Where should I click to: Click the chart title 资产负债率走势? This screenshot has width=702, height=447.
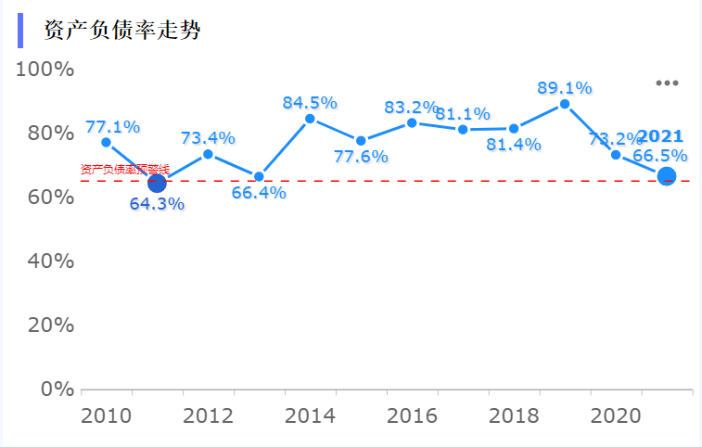[x=122, y=31]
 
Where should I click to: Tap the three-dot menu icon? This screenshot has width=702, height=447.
[x=667, y=83]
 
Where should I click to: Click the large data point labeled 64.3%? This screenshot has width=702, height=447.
[x=157, y=184]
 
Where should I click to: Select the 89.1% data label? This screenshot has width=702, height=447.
[x=564, y=88]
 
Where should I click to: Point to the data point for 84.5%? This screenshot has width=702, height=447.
[x=310, y=119]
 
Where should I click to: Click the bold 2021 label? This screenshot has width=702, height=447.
[x=659, y=136]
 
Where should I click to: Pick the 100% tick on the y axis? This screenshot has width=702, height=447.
[x=45, y=70]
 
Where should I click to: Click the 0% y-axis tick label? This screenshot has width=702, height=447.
[x=57, y=389]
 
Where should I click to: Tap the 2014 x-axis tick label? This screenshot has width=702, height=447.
[x=310, y=415]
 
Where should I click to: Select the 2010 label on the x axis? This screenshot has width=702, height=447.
[x=106, y=415]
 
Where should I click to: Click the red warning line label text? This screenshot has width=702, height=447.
[x=124, y=170]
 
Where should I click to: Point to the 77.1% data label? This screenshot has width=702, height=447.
[x=112, y=126]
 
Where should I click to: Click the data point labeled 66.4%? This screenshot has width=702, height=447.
[x=259, y=176]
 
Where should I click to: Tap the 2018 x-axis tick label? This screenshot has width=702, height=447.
[x=513, y=415]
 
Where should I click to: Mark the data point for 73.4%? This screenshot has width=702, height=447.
[x=208, y=154]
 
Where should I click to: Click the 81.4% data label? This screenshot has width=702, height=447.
[x=513, y=145]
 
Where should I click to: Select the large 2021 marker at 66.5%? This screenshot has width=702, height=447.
[x=666, y=176]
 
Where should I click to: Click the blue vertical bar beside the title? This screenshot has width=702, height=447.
[x=20, y=31]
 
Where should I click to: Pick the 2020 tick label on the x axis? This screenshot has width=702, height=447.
[x=615, y=415]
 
